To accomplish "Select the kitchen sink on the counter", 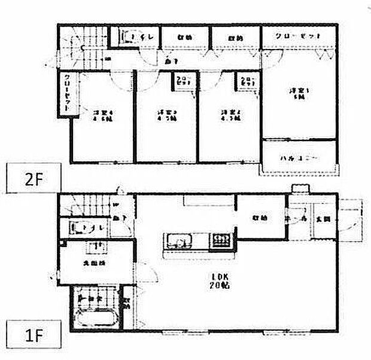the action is point(178,241).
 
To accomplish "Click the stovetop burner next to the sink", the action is point(220,241).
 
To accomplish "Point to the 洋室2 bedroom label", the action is point(229,114).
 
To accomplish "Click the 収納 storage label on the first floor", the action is point(259,218).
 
